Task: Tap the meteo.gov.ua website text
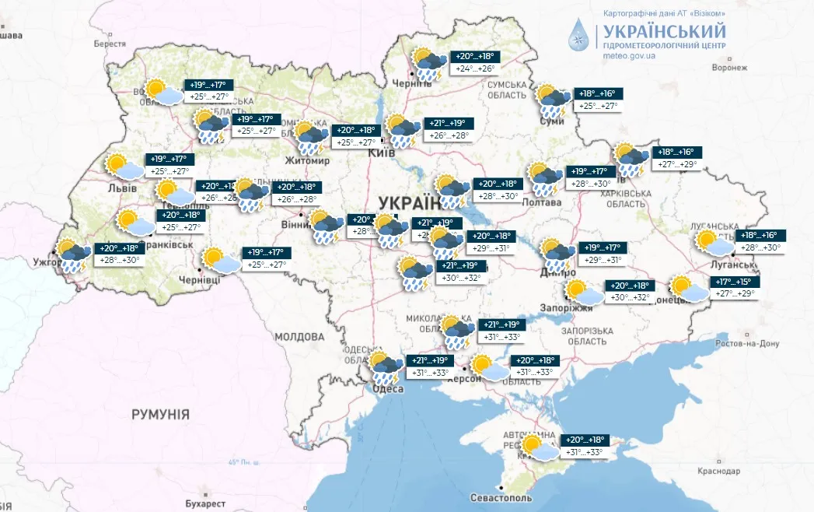click(627, 55)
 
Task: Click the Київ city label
click(381, 153)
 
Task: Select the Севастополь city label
click(501, 497)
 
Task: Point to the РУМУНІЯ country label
click(159, 414)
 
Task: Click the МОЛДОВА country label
click(299, 337)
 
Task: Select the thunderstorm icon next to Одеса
click(386, 366)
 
